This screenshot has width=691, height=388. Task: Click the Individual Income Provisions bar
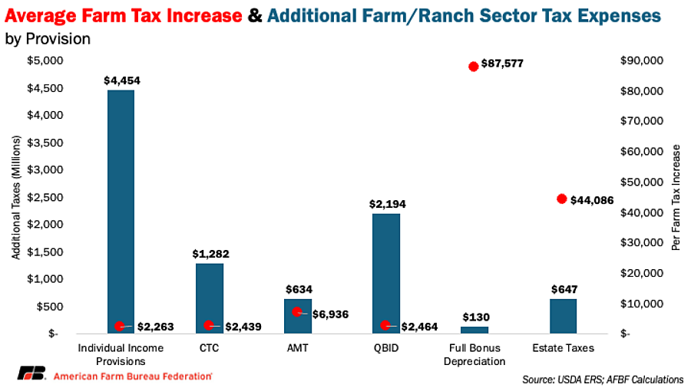point(121,211)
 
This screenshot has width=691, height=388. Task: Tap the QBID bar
point(386,272)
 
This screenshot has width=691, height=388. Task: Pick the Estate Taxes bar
point(563,316)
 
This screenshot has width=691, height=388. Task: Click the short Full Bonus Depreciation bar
point(474,330)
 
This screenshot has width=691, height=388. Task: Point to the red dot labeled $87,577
point(474,66)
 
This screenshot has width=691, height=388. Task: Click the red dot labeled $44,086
point(561,199)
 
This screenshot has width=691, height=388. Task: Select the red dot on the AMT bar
point(297,312)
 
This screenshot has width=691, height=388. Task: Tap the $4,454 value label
point(122,80)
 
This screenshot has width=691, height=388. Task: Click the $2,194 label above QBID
point(387,204)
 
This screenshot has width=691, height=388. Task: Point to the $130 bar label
point(475,317)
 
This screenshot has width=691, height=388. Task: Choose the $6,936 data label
point(331,314)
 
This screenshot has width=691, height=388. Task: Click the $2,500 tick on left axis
point(47,197)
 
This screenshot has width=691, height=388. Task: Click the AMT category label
point(298,348)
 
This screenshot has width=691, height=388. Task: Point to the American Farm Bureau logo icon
point(31,375)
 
